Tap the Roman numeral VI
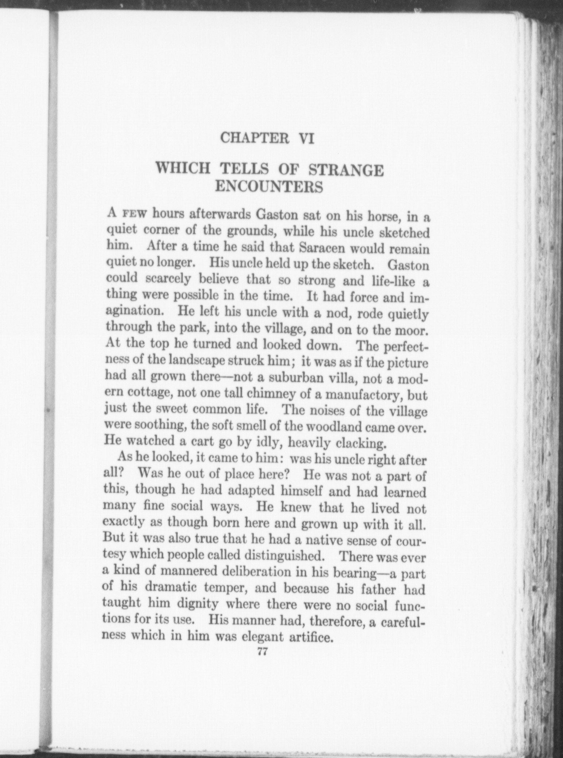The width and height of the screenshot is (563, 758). click(305, 139)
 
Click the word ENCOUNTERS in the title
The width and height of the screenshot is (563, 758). click(269, 187)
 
